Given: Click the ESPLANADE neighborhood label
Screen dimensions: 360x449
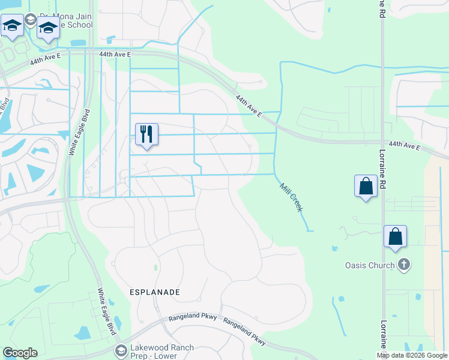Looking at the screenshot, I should [x=155, y=292].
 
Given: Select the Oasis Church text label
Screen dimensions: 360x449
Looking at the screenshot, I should [x=370, y=265].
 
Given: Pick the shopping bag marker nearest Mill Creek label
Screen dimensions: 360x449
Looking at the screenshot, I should [x=366, y=186].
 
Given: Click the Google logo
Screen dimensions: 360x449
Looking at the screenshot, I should [x=20, y=353].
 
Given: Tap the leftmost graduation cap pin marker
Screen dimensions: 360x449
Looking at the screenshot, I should [x=12, y=26].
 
